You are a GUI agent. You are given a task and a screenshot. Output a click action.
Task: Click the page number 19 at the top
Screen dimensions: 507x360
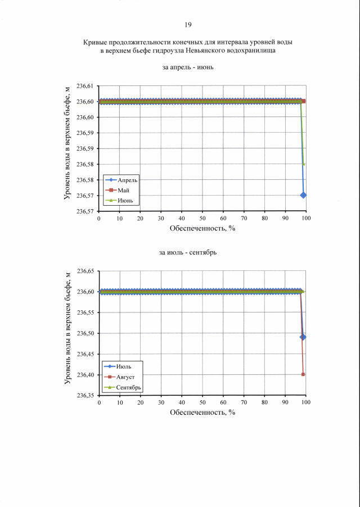tap(188, 25)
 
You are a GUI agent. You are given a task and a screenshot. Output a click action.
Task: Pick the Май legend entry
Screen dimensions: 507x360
tap(122, 190)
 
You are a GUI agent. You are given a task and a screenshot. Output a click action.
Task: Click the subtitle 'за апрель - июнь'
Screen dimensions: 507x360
tap(187, 68)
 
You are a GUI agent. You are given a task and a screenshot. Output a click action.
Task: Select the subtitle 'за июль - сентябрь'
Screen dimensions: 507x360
tap(188, 252)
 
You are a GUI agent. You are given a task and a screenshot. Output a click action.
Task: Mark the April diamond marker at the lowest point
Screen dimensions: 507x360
tap(304, 195)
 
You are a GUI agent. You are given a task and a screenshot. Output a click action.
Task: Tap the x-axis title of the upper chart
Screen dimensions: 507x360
tap(202, 228)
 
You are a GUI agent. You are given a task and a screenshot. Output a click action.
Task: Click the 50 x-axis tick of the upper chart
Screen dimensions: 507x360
tap(202, 218)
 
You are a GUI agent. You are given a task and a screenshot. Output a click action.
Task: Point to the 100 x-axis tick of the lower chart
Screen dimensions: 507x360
tap(306, 402)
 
